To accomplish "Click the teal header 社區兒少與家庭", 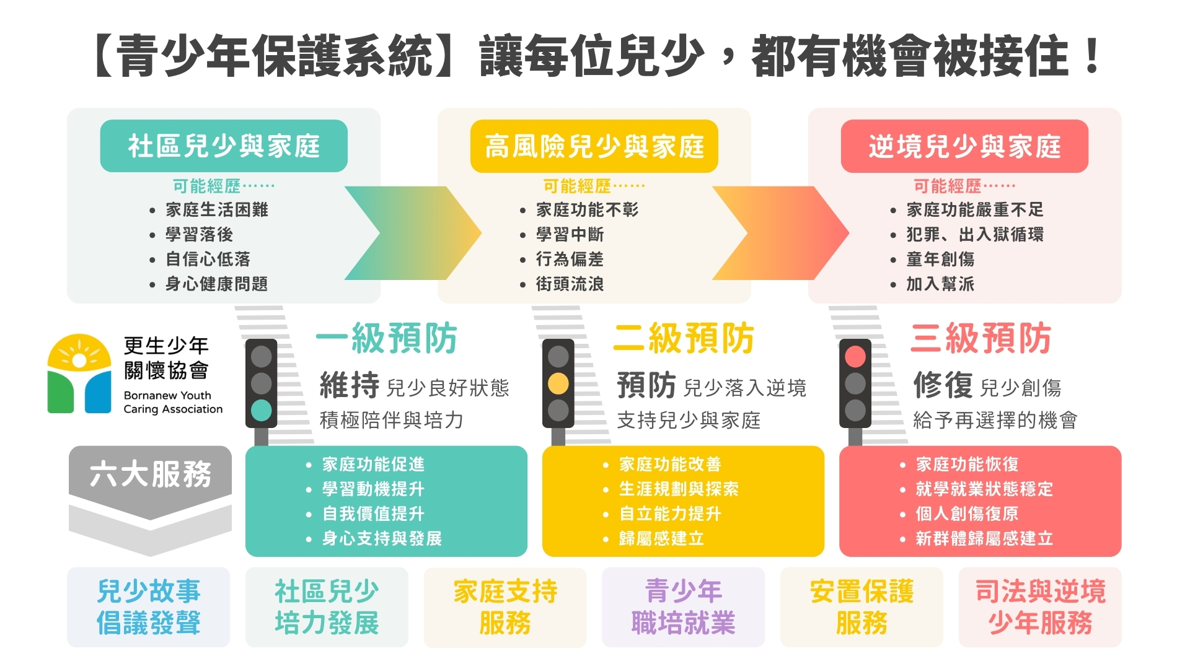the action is (x=224, y=146).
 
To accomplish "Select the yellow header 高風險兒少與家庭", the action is (x=594, y=146).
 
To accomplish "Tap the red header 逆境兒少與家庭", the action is (x=964, y=146).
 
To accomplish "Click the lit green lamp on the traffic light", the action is (x=261, y=410).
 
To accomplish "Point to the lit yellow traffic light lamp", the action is (x=558, y=383).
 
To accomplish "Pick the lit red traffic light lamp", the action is (x=855, y=356).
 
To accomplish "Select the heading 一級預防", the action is (x=386, y=338).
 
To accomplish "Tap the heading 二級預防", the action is (x=683, y=338).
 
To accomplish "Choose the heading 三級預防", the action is (x=981, y=338).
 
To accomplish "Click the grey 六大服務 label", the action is (x=150, y=474).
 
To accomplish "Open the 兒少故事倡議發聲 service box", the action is (x=148, y=607).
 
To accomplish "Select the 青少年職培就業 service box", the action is (x=683, y=607).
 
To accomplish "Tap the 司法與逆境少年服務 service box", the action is (x=1040, y=607).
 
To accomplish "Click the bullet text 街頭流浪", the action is (x=570, y=284).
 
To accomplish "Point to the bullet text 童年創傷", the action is (x=940, y=260).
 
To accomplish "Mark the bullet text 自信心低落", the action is (x=208, y=260).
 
